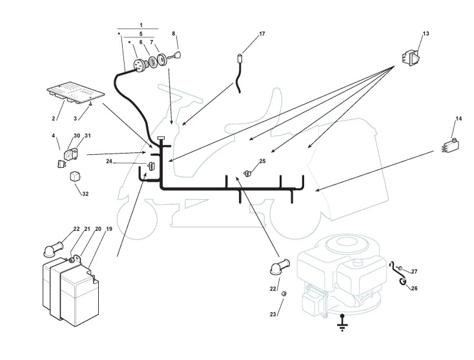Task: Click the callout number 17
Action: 262,34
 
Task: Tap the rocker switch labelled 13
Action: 411,57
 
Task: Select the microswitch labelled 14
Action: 450,145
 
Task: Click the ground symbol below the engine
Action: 342,323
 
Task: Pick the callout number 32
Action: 85,194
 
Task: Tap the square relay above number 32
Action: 76,176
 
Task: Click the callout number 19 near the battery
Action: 109,229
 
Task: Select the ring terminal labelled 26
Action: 403,282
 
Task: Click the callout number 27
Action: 414,272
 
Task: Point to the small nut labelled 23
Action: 283,294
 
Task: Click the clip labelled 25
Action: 247,174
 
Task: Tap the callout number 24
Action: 109,161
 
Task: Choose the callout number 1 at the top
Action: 141,25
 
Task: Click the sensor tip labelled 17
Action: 240,57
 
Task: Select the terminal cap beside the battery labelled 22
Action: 54,248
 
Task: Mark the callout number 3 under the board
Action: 76,119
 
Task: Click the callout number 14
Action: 459,119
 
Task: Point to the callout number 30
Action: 77,136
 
